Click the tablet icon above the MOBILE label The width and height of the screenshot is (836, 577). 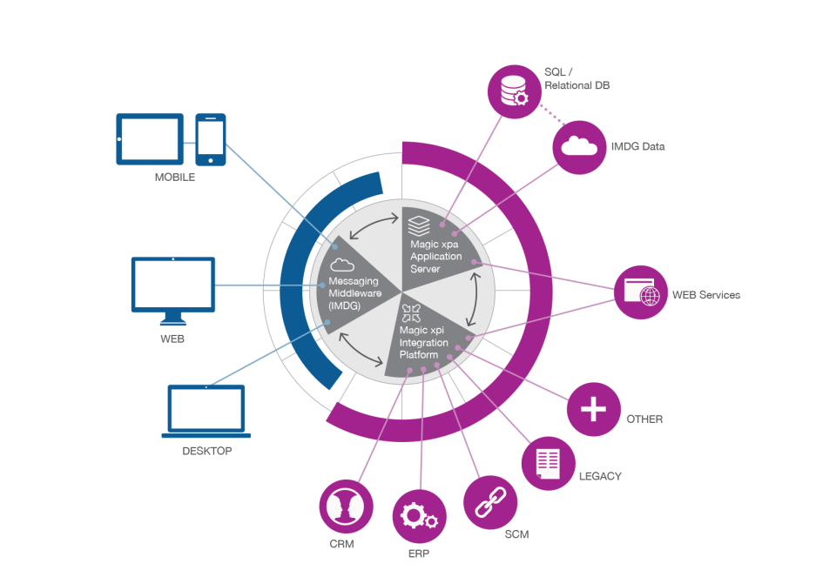[149, 138]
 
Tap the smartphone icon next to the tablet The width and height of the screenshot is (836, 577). [210, 138]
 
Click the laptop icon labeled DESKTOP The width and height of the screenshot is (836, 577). [206, 413]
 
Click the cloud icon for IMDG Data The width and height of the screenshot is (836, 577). [579, 146]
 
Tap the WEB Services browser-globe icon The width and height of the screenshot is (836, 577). [641, 292]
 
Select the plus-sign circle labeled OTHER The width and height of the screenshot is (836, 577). [594, 409]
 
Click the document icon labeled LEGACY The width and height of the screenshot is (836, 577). [548, 464]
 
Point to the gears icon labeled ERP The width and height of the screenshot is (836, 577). [419, 517]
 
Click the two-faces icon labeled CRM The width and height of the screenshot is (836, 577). [347, 506]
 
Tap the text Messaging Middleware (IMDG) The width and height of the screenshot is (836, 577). [356, 292]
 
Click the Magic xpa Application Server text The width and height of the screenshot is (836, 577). [436, 256]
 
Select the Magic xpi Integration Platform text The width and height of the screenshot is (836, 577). [424, 342]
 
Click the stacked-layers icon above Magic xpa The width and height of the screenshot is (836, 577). [420, 225]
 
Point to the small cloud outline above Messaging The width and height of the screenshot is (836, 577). [341, 265]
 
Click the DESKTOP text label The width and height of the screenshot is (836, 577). [206, 452]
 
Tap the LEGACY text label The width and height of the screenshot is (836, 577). [599, 476]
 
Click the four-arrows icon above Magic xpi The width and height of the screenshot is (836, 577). [411, 312]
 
